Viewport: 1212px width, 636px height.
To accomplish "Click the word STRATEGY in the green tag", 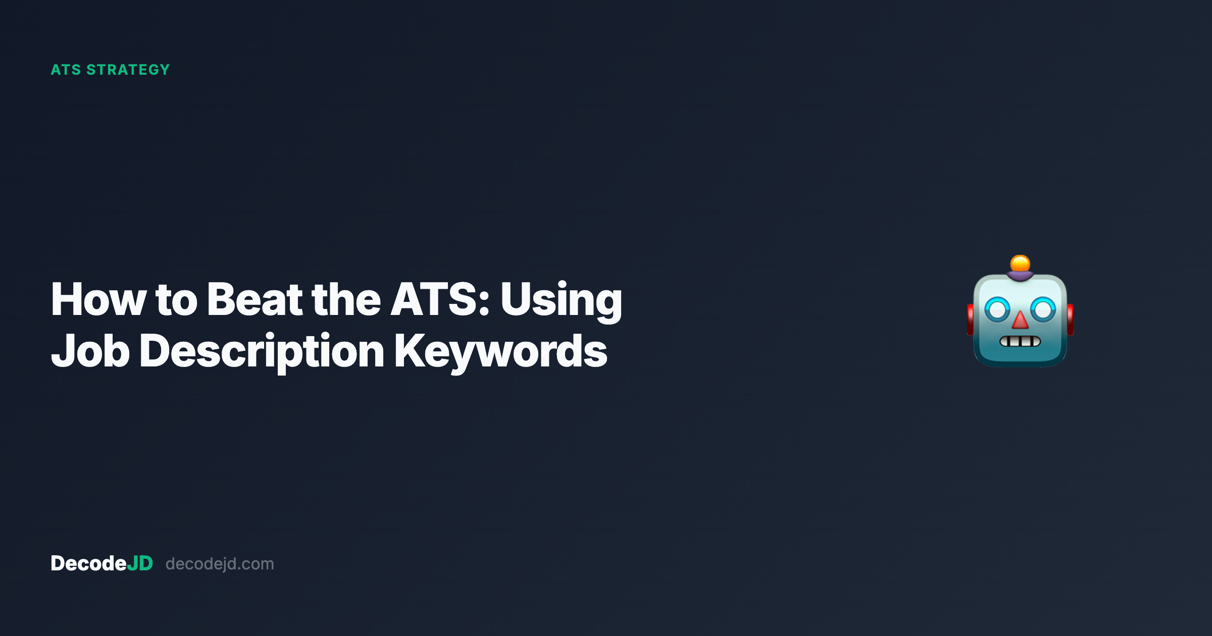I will (x=128, y=70).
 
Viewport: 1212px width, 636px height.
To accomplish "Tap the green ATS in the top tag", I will (x=66, y=70).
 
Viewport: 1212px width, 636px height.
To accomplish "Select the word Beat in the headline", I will (x=255, y=300).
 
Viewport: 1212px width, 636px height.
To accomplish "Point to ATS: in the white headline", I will (x=440, y=300).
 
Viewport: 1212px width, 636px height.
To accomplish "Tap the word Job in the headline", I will (x=90, y=351).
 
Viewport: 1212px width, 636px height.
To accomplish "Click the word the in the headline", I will (x=346, y=300).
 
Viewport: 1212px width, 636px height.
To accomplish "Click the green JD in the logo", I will (x=140, y=563).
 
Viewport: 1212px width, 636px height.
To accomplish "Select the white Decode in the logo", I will (x=88, y=563).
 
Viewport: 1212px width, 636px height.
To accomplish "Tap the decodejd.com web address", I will (x=220, y=564).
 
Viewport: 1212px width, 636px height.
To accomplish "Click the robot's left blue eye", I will (x=997, y=309).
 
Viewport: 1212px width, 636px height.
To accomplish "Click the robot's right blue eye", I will (x=1043, y=309).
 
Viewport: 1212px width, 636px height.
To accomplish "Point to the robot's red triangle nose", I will (x=1020, y=321).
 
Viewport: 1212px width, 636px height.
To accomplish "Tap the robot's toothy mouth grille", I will (x=1020, y=342).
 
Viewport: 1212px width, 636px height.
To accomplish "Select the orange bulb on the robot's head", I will (x=1020, y=263).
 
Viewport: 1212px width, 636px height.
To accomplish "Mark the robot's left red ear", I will (x=970, y=320).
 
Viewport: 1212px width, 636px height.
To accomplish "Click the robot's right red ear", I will (x=1070, y=320).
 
